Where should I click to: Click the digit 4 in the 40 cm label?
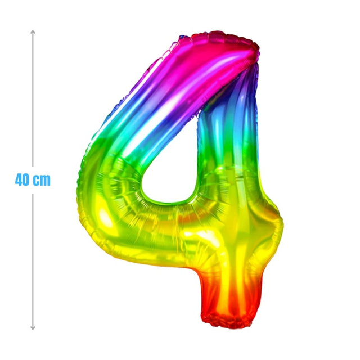[x=19, y=180]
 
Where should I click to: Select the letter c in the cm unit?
[x=36, y=181]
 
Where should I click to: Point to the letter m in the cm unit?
[x=45, y=181]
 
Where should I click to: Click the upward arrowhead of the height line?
[x=33, y=32]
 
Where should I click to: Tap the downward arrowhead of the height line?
[x=33, y=328]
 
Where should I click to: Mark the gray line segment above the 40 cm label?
[x=33, y=98]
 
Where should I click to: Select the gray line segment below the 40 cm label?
[x=33, y=262]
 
